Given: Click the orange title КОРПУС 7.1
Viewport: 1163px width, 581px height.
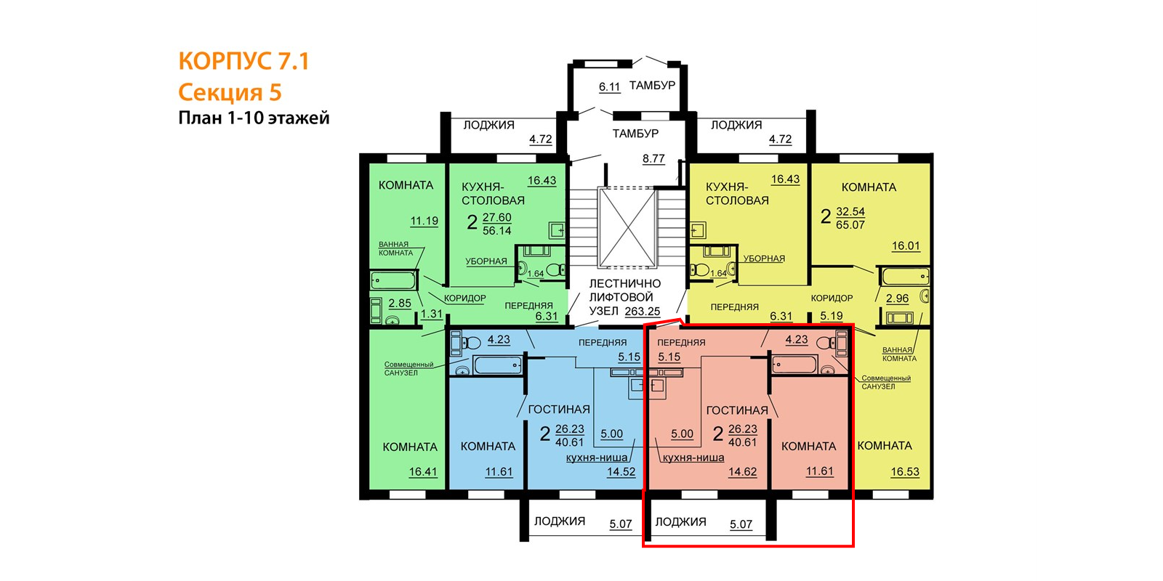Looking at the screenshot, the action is tap(244, 61).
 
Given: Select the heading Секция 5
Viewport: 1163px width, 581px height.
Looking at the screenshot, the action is tap(230, 92).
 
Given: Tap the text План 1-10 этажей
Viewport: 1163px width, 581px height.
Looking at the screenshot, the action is tap(254, 118).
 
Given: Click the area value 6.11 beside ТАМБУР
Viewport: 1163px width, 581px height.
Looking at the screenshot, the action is tap(610, 86).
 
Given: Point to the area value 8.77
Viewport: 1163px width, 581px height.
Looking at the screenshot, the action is tap(653, 159).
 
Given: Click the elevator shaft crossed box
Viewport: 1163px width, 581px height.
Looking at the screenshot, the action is tap(627, 228).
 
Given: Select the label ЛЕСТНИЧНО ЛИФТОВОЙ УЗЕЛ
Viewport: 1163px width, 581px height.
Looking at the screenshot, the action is tap(624, 297).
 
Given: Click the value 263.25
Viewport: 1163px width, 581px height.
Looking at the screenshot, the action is tap(643, 312).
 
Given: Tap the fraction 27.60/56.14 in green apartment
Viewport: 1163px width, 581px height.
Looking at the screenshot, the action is tap(497, 224).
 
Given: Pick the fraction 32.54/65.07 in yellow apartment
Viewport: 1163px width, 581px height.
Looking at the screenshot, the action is tap(850, 219).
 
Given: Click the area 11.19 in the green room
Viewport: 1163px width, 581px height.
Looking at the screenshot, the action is tap(424, 221).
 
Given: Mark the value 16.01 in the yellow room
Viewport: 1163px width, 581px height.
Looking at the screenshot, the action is tap(906, 246).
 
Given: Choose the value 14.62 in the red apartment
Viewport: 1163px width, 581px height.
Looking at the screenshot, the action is tap(742, 472).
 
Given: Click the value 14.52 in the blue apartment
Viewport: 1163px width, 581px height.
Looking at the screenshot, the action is tap(621, 472).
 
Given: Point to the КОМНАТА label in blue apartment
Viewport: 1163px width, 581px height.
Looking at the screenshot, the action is tap(488, 447).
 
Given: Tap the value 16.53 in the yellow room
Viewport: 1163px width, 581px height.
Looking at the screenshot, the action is tap(905, 472).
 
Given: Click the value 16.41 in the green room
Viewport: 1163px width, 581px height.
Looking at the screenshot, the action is tap(422, 472).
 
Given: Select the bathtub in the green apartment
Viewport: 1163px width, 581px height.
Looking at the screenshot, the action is tap(393, 280).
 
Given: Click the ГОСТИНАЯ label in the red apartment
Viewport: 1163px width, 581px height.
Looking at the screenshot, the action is tap(737, 410).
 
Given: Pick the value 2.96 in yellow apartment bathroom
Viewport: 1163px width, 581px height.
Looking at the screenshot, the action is tap(897, 298).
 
